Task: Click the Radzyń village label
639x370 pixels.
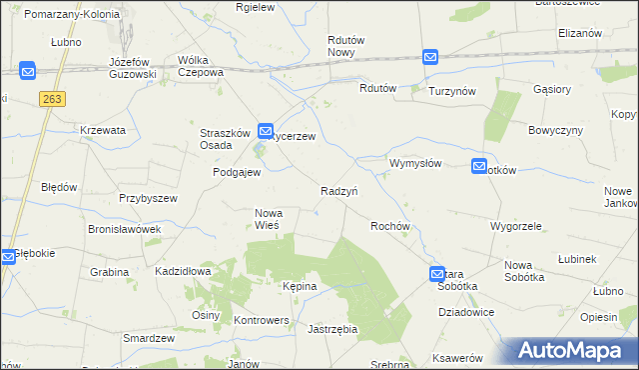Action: pos(339,191)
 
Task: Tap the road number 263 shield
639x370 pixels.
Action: pos(53,98)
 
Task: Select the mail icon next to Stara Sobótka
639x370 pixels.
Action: pos(437,273)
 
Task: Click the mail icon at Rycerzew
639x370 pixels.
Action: pos(266,130)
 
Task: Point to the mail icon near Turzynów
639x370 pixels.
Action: pos(429,57)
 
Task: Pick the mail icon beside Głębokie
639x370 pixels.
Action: pos(8,256)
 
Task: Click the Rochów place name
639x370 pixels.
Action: pos(390,227)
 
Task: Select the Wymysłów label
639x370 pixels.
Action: pos(415,163)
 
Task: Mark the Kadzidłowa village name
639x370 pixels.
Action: pos(183,271)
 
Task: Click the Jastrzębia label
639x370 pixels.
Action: pos(333,328)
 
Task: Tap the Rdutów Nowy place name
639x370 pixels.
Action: pos(347,46)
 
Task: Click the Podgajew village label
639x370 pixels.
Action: pos(237,172)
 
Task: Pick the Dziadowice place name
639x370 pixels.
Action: pos(466,312)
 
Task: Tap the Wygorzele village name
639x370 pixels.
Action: pos(515,226)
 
